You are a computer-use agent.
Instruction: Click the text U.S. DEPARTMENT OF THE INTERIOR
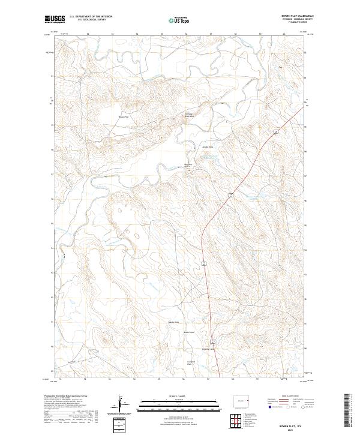click(91, 17)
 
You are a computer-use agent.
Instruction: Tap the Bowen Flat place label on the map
click(124, 116)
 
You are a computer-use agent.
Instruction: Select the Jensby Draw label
click(207, 146)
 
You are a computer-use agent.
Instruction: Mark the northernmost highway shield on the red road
click(275, 131)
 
